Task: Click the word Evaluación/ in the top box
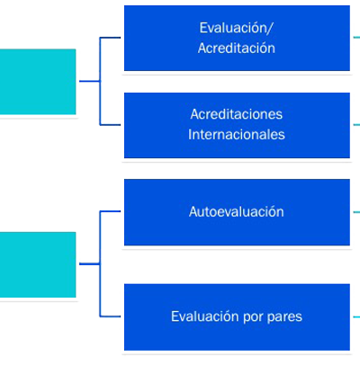[237, 28]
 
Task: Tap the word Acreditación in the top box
[237, 49]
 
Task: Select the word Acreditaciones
[237, 114]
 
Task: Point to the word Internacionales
[237, 135]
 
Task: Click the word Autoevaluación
[237, 212]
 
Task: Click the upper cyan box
[38, 82]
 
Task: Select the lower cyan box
[38, 264]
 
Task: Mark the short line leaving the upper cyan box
[89, 81]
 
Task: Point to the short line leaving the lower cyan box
[89, 263]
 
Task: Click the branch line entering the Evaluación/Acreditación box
[110, 38]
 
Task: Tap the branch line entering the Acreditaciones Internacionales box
[110, 125]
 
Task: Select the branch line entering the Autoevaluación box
[110, 211]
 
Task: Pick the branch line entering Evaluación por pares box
[110, 316]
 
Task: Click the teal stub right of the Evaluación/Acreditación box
[356, 38]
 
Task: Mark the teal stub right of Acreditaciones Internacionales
[356, 125]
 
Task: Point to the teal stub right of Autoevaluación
[356, 212]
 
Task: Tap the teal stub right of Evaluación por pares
[356, 316]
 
